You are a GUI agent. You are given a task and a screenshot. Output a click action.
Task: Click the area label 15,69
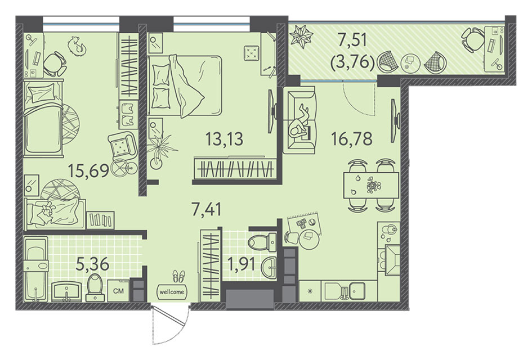pyautogui.click(x=88, y=170)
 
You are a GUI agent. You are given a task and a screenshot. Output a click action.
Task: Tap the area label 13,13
pyautogui.click(x=225, y=138)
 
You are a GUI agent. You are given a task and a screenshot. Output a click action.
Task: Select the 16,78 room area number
pyautogui.click(x=352, y=138)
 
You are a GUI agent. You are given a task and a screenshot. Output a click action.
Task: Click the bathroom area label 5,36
pyautogui.click(x=92, y=264)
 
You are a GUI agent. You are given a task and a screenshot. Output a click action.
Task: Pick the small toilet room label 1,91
pyautogui.click(x=242, y=264)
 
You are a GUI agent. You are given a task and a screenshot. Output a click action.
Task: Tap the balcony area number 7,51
pyautogui.click(x=352, y=41)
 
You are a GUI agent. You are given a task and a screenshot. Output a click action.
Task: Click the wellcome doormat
pyautogui.click(x=172, y=291)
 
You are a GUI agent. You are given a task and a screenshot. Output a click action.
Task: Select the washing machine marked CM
pyautogui.click(x=118, y=290)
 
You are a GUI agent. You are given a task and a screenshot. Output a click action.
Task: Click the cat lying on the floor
pyautogui.click(x=77, y=46)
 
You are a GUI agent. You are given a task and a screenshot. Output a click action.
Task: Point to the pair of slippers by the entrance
pyautogui.click(x=178, y=276)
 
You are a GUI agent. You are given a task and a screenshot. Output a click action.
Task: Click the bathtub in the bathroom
pyautogui.click(x=35, y=270)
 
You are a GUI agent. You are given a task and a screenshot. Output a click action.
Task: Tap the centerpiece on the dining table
pyautogui.click(x=374, y=186)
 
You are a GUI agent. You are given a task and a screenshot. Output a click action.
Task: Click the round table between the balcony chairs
pyautogui.click(x=410, y=62)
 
